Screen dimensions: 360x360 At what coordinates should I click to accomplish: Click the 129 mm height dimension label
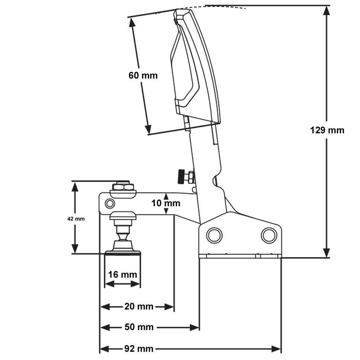(327, 130)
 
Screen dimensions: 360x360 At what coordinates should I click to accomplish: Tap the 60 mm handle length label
(143, 76)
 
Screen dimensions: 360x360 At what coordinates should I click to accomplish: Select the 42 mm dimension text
(76, 219)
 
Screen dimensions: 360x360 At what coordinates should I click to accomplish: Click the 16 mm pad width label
(122, 275)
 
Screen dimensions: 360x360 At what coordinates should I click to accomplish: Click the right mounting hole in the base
(269, 235)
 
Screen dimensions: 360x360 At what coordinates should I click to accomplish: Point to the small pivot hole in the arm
(109, 204)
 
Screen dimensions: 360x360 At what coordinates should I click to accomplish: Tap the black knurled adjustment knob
(180, 177)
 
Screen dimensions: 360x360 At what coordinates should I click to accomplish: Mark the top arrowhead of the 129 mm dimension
(327, 10)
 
